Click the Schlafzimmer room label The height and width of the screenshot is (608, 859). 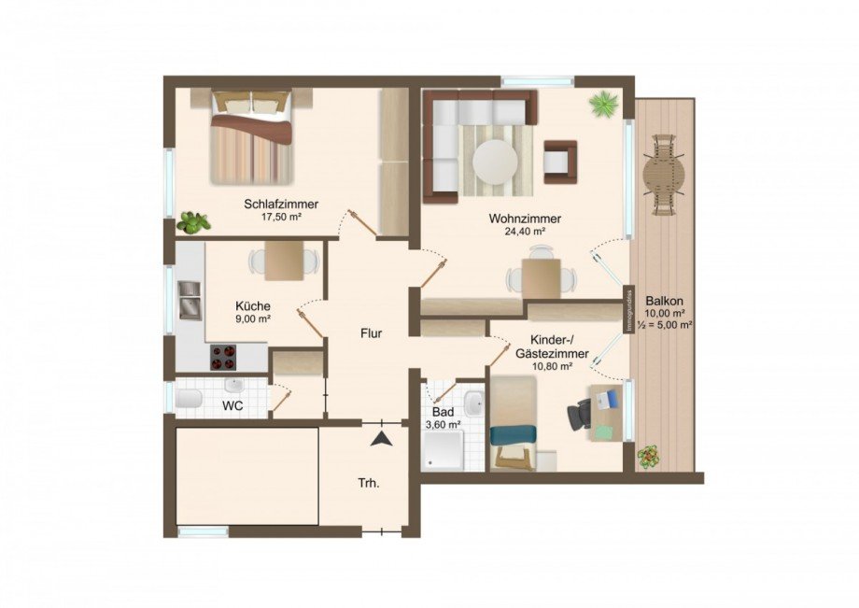coord(281,204)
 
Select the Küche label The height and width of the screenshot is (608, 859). coord(253,305)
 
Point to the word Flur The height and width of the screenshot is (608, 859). coord(372,332)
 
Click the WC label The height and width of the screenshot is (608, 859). coord(232,406)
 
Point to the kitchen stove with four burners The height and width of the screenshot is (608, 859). coord(224,356)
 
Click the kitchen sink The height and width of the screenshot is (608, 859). coord(190,300)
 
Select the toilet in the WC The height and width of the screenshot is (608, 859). coord(189,402)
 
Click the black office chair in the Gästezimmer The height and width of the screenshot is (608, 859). coord(580,413)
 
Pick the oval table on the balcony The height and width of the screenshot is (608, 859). coord(664,173)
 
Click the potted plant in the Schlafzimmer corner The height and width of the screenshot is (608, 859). coord(194,222)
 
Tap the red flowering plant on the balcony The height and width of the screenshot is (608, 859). coord(647,457)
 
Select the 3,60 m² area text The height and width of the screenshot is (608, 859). coord(444,425)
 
